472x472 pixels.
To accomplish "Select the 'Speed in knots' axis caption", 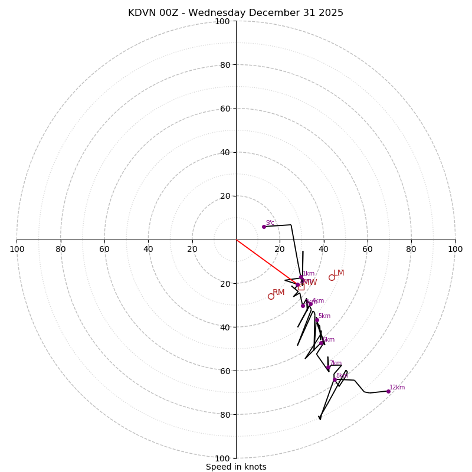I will pyautogui.click(x=236, y=467).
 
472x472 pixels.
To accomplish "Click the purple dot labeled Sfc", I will pyautogui.click(x=264, y=227).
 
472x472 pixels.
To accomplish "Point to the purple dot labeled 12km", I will pyautogui.click(x=388, y=391).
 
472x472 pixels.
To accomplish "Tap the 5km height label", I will pyautogui.click(x=324, y=316).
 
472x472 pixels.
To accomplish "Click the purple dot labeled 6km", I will pyautogui.click(x=322, y=343).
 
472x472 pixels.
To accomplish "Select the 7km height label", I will pyautogui.click(x=335, y=363).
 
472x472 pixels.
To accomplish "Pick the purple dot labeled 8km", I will pyautogui.click(x=335, y=379).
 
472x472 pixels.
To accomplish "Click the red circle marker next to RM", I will pyautogui.click(x=271, y=296).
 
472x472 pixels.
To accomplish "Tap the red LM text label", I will pyautogui.click(x=339, y=273).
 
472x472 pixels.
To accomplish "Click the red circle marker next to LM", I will pyautogui.click(x=332, y=277).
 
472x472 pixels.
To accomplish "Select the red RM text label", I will pyautogui.click(x=278, y=293).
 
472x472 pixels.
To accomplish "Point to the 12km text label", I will pyautogui.click(x=397, y=388).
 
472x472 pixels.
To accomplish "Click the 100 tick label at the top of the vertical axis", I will pyautogui.click(x=222, y=21).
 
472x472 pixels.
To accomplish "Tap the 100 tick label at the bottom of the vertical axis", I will pyautogui.click(x=222, y=458).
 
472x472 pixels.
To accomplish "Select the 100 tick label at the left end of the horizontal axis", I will pyautogui.click(x=17, y=249).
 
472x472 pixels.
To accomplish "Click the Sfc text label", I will pyautogui.click(x=270, y=223).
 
